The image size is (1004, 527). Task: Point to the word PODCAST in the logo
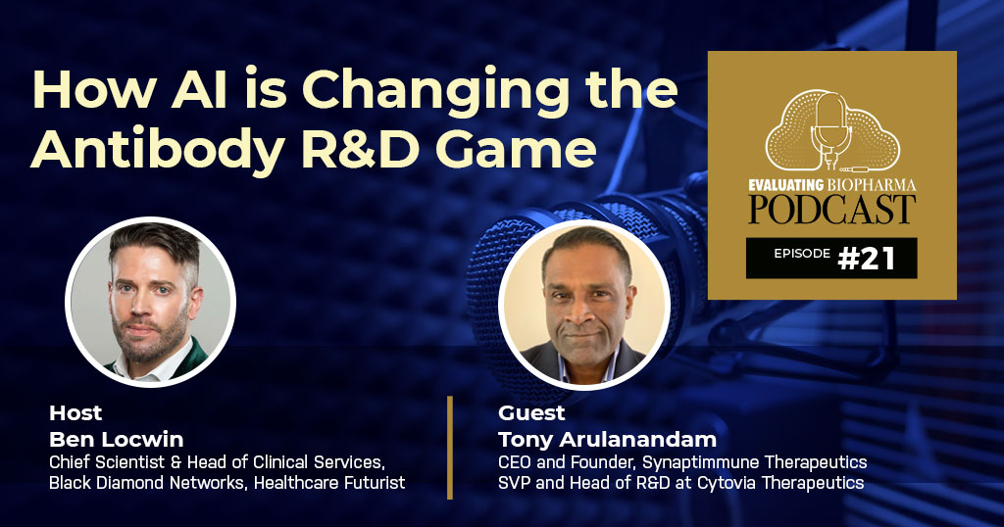coord(831,209)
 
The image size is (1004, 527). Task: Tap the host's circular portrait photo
coord(150,302)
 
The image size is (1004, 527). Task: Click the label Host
coord(75,412)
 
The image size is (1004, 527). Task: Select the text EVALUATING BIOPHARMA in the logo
coord(831,180)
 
